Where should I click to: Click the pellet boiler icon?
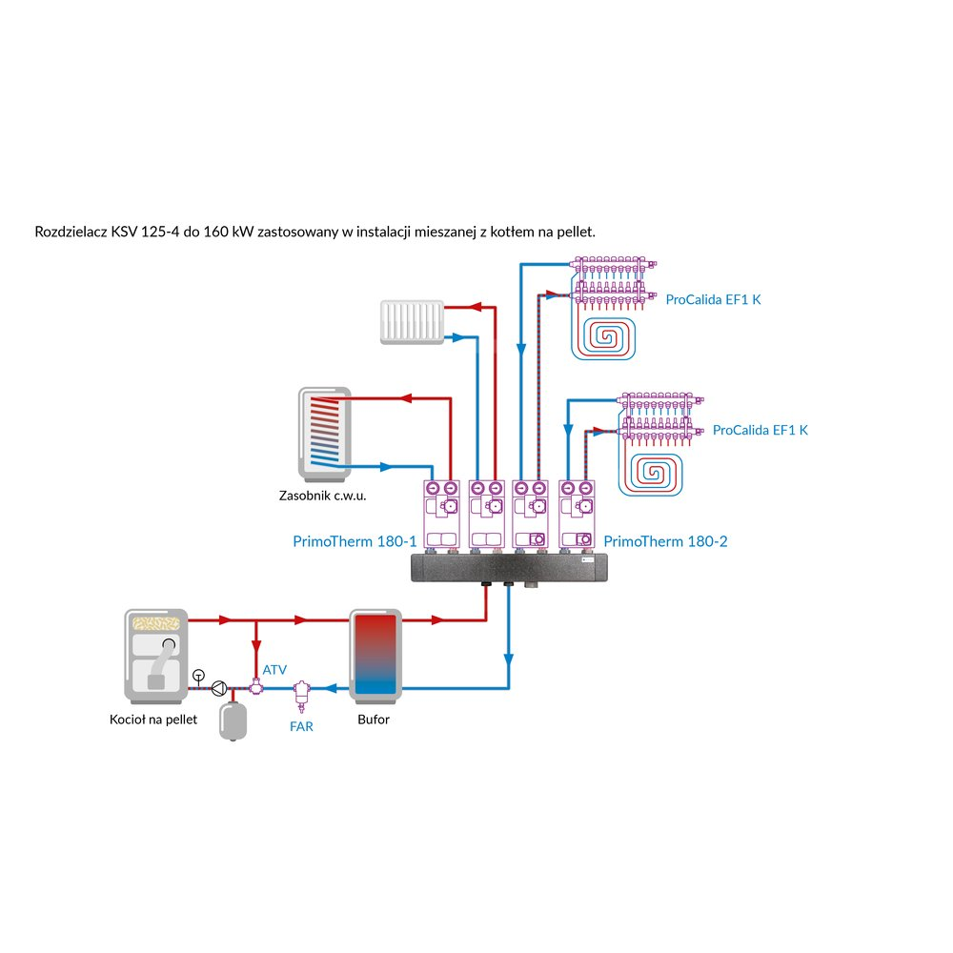tap(156, 654)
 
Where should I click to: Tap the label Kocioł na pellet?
tap(153, 720)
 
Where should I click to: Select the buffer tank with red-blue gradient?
tap(378, 654)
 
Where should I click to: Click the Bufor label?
tap(374, 720)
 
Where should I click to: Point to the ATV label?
tap(274, 669)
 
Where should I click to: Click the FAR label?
tap(301, 726)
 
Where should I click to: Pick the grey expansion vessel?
tap(233, 721)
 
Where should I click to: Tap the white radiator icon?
tap(412, 321)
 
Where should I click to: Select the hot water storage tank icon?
tap(325, 433)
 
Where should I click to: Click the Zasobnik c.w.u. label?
tap(323, 496)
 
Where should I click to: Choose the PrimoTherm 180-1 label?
tap(355, 541)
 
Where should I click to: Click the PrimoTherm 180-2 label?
tap(665, 541)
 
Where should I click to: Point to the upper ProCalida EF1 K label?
tap(714, 299)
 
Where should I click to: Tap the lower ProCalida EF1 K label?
tap(760, 430)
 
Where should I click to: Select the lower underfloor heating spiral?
tap(657, 471)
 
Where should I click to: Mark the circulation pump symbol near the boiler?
tap(220, 687)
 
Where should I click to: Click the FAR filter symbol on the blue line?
tap(302, 690)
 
